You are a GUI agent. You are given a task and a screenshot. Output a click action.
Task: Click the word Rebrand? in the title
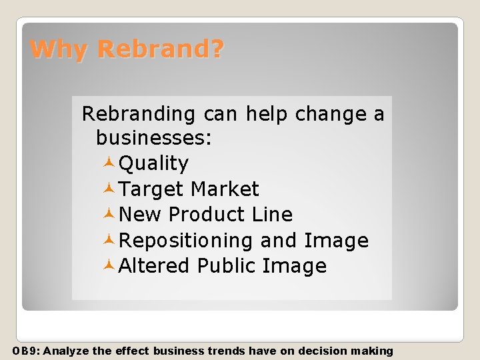(x=161, y=49)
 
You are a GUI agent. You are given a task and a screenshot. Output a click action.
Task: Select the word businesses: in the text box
(x=153, y=138)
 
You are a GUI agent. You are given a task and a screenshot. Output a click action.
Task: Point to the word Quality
(x=153, y=164)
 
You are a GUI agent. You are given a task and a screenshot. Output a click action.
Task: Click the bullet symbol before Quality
(x=110, y=163)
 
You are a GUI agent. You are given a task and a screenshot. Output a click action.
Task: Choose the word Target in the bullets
(x=151, y=189)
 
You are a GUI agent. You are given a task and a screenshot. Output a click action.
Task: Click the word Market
(x=224, y=189)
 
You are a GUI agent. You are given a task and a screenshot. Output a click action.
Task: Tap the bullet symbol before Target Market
(x=110, y=189)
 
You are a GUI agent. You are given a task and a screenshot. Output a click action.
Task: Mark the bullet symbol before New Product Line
(x=110, y=215)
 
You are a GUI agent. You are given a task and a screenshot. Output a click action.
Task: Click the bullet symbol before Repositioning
(x=110, y=240)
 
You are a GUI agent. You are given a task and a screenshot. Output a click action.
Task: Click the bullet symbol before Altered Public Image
(x=110, y=265)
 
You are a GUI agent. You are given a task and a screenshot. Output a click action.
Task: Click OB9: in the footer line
(x=27, y=351)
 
